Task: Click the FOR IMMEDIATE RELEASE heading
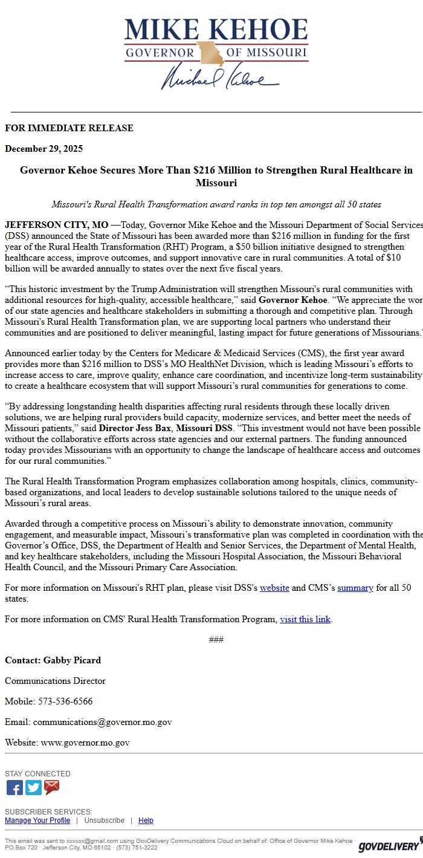point(69,128)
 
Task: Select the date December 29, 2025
point(44,149)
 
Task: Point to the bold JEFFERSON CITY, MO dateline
point(57,225)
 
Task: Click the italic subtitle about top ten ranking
point(216,204)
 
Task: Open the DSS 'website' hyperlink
point(274,588)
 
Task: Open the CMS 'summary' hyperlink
point(355,588)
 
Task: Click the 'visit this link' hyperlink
point(305,619)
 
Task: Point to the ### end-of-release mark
point(216,640)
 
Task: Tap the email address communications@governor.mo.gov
point(102,722)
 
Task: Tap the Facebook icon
point(15,787)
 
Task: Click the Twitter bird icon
point(33,787)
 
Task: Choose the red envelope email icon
point(52,787)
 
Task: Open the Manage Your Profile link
point(37,821)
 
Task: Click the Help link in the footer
point(146,821)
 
